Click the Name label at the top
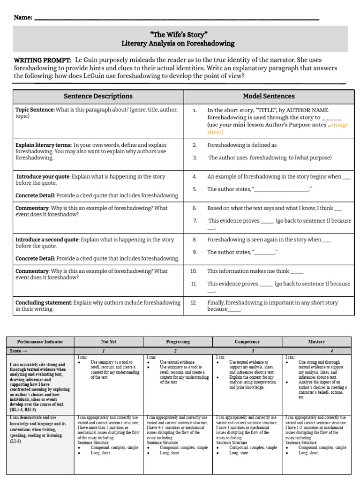(23, 17)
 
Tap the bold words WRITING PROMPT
(42, 60)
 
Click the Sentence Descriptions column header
(98, 96)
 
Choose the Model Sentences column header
(269, 96)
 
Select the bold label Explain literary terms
(44, 145)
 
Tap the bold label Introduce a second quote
(47, 240)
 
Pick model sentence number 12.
(194, 303)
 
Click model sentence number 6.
(195, 208)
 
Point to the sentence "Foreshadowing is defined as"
(242, 145)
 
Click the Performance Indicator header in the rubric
(40, 342)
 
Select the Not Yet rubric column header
(108, 342)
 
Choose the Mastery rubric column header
(316, 342)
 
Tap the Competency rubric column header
(247, 342)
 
